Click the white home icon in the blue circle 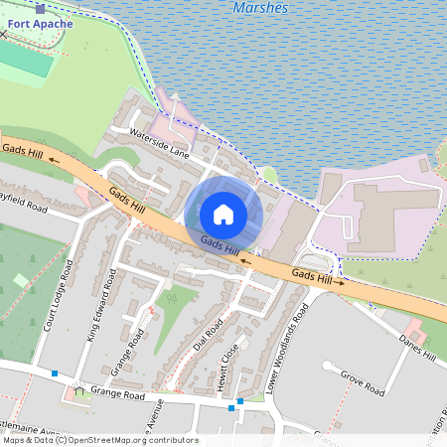[x=223, y=215]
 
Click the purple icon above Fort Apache [x=40, y=7]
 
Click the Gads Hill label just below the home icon [x=220, y=243]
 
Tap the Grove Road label [x=362, y=383]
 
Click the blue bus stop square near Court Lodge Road [x=54, y=373]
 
